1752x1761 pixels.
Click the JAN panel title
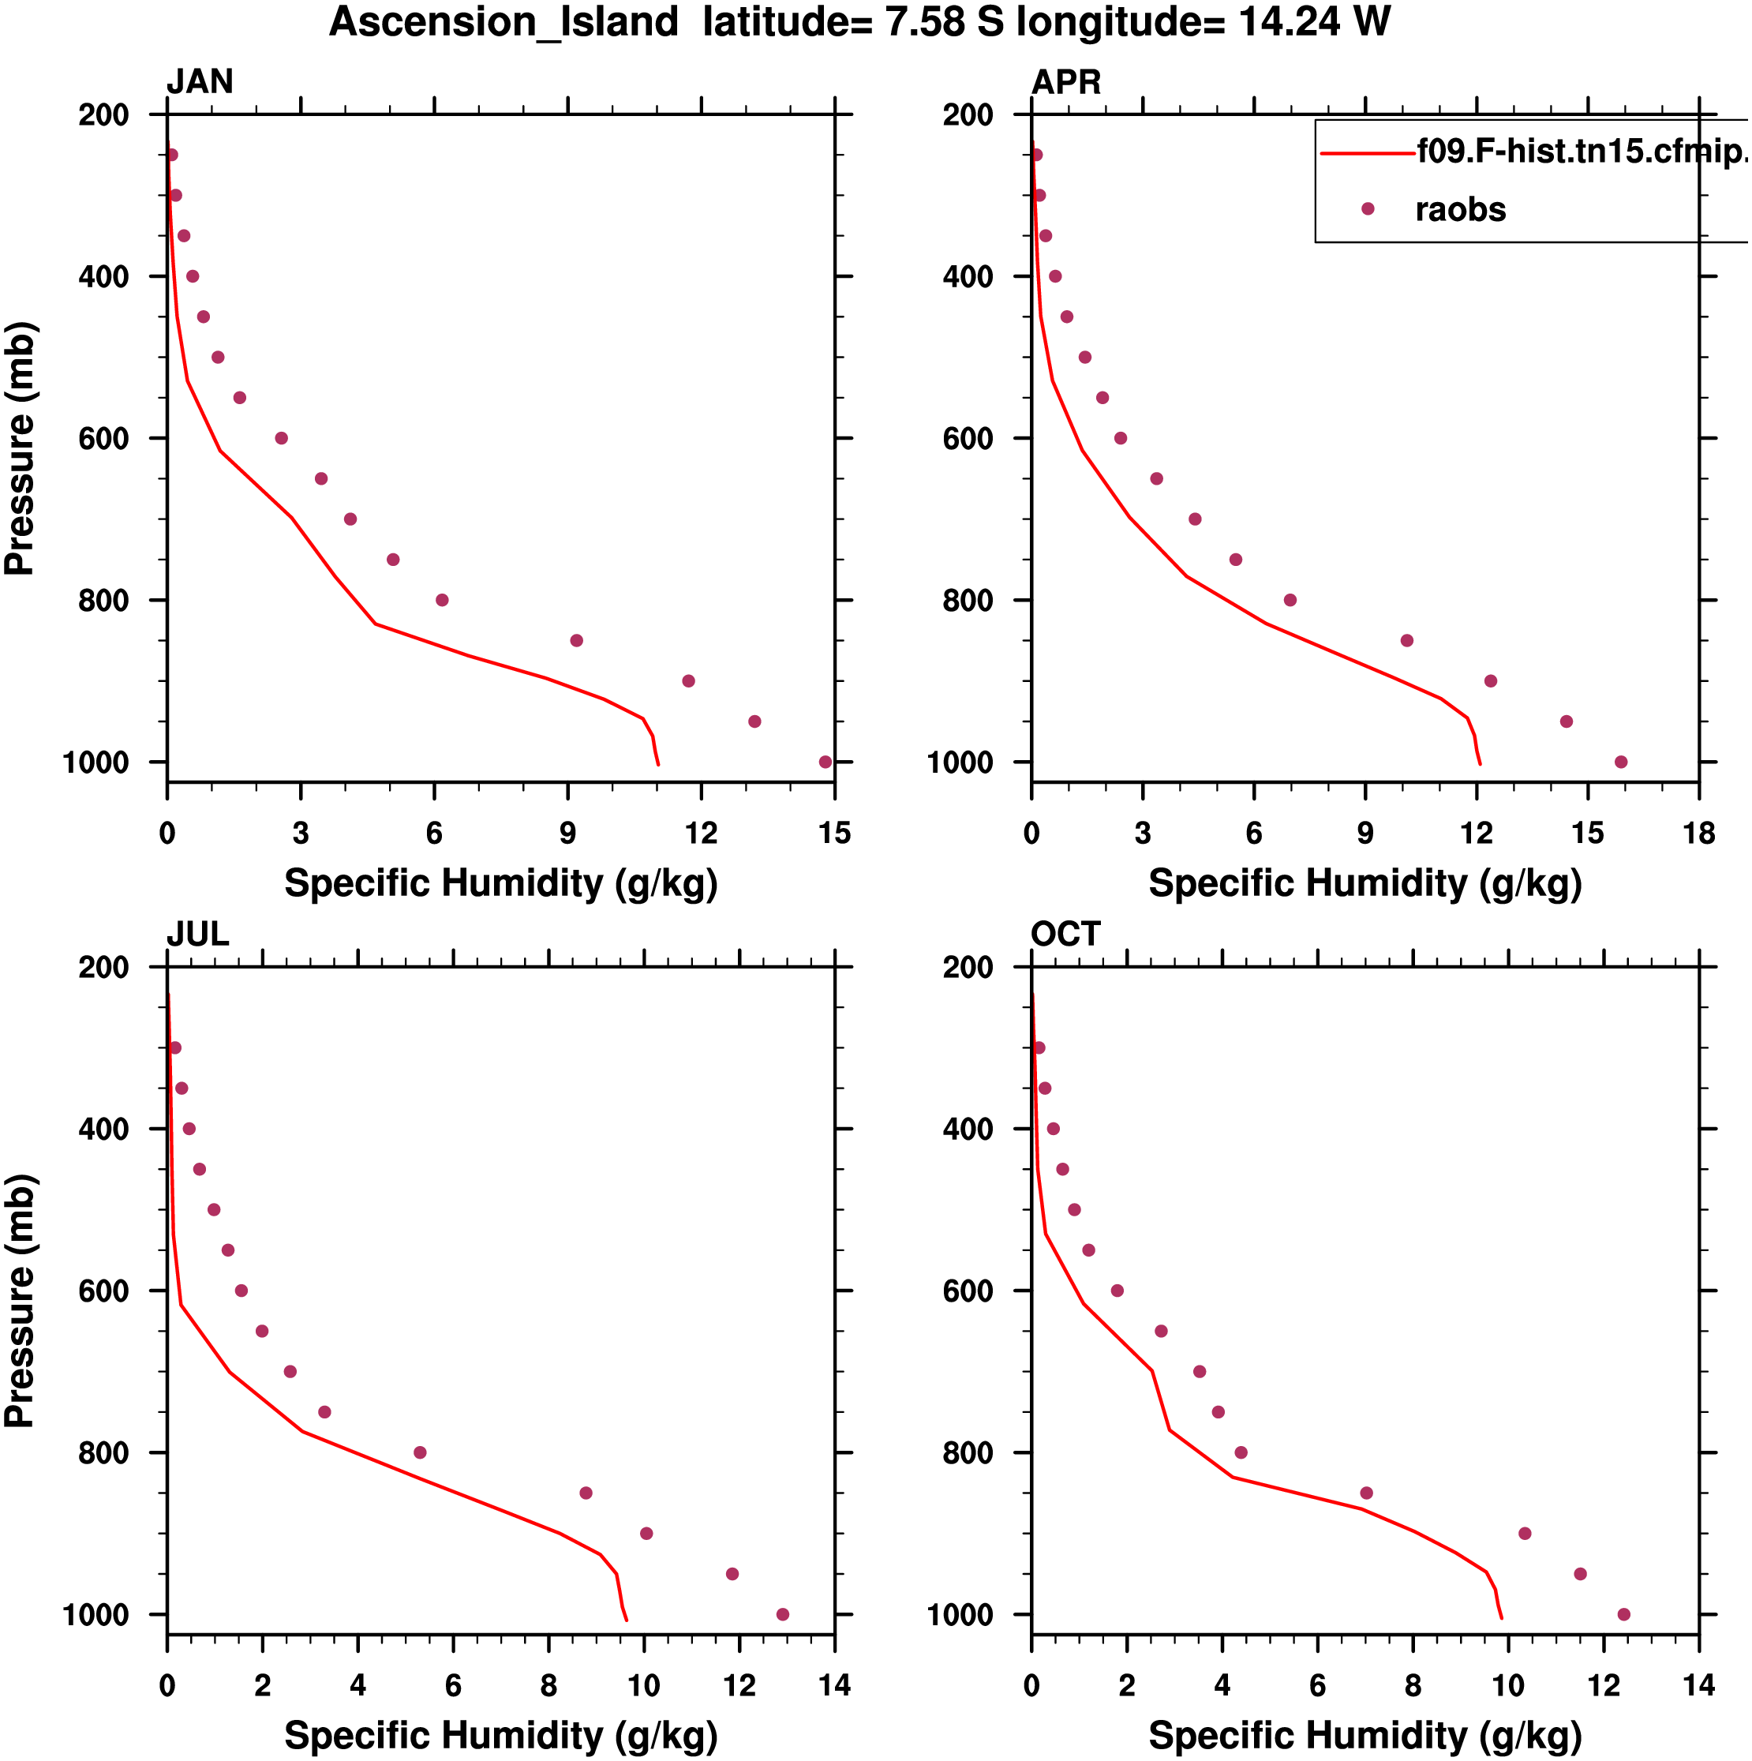200,82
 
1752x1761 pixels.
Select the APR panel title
1065,82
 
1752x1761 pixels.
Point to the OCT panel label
1065,935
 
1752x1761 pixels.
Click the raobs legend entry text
1460,210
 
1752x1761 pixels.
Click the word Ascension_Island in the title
504,22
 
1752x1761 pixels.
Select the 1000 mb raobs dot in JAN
825,762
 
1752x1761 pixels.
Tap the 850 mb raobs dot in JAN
576,641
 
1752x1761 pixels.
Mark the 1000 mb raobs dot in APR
1621,762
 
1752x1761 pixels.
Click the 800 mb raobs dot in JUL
419,1452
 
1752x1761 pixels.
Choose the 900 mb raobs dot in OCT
1525,1533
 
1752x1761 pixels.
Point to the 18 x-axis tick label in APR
1699,833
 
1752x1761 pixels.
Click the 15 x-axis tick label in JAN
834,833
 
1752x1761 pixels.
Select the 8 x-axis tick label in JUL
548,1685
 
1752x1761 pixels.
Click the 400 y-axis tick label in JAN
103,276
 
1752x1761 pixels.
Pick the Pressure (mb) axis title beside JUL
20,1300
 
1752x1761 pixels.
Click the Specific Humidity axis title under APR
1365,883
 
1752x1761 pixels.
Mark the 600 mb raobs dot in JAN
281,438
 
